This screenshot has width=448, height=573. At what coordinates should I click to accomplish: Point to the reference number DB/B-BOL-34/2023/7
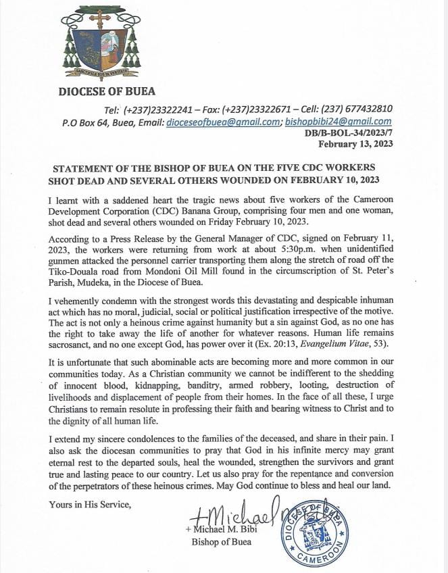tap(349, 134)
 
